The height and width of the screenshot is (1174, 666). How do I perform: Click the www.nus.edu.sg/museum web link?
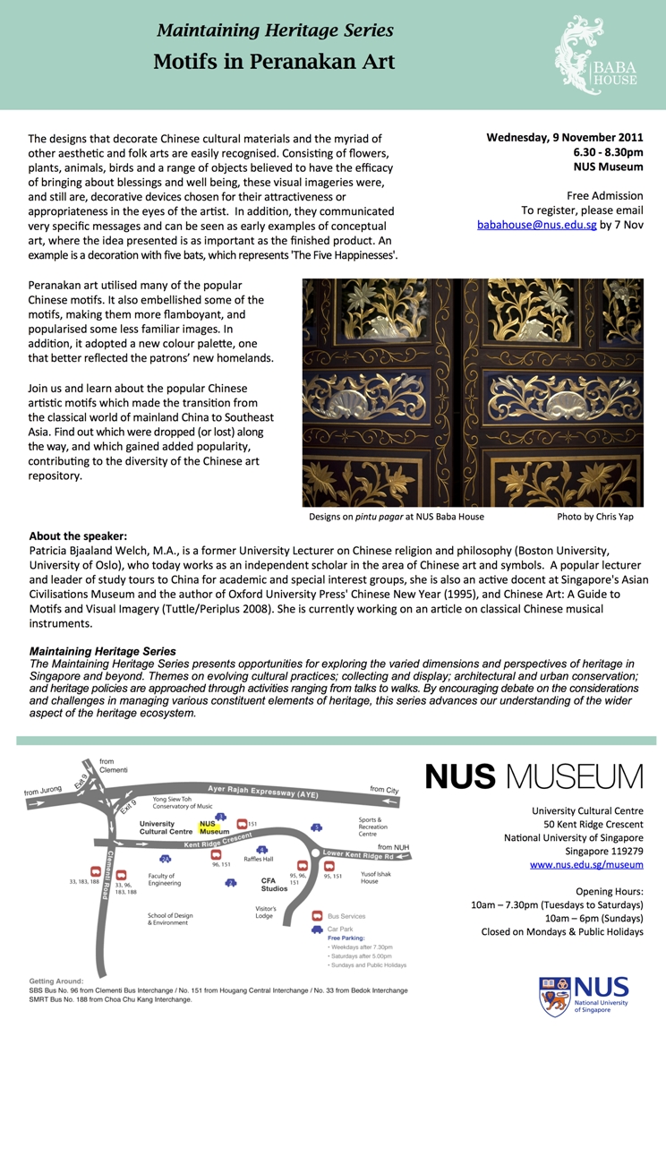point(586,864)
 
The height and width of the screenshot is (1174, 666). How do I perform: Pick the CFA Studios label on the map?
point(274,885)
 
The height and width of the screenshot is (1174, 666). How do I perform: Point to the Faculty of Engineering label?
point(166,879)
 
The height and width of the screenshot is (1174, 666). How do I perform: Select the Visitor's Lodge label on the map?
point(265,913)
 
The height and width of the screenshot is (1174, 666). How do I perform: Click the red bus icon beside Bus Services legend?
point(317,916)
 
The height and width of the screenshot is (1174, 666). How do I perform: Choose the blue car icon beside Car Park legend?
point(317,930)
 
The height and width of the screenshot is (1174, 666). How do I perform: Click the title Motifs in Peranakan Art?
point(274,62)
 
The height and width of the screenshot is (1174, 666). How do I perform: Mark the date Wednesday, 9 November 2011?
point(564,138)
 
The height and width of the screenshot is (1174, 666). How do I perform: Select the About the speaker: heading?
point(78,536)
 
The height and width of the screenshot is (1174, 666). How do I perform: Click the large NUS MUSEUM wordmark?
point(534,776)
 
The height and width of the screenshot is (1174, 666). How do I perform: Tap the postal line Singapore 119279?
point(603,851)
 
